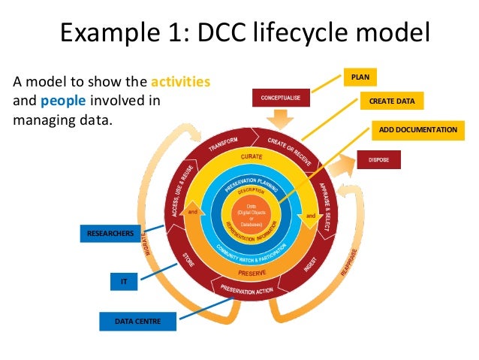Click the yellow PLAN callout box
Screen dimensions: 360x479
[x=360, y=77]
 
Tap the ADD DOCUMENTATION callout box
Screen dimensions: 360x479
[x=417, y=129]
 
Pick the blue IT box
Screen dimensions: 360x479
[x=124, y=282]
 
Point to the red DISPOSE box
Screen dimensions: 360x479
[x=378, y=159]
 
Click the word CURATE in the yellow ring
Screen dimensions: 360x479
[x=252, y=156]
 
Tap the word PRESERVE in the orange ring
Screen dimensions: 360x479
[x=252, y=272]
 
